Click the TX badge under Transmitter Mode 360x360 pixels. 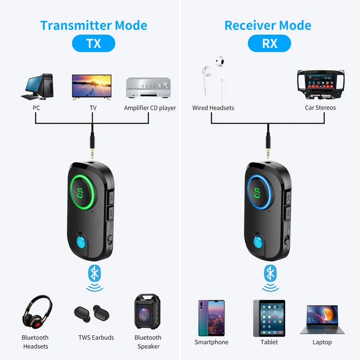94,43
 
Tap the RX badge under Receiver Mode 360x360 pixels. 270,43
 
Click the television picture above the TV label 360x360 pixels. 92,86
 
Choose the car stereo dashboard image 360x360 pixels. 320,85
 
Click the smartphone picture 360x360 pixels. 211,317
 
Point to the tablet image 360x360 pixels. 269,317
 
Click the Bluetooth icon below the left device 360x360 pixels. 94,272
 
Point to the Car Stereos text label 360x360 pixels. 320,108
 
